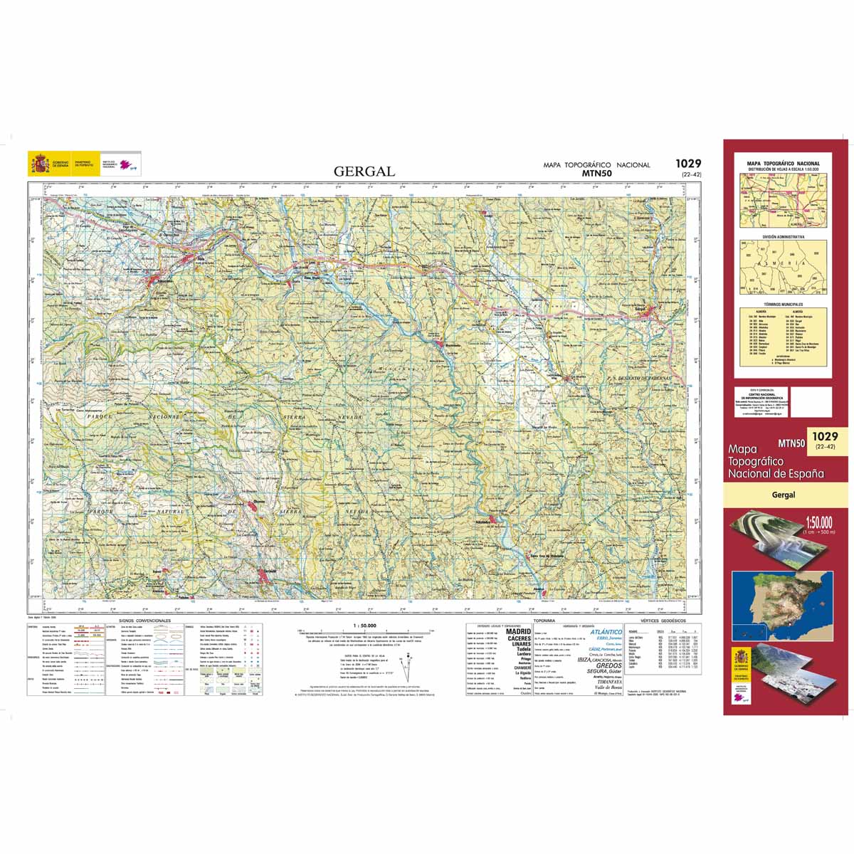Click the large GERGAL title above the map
coord(364,172)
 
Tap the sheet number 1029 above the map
coord(688,164)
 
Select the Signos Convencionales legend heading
coord(142,621)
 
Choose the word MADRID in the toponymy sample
coord(518,631)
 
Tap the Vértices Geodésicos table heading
coord(663,621)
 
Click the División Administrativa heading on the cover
coord(783,236)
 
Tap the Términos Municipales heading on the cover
coord(783,304)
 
